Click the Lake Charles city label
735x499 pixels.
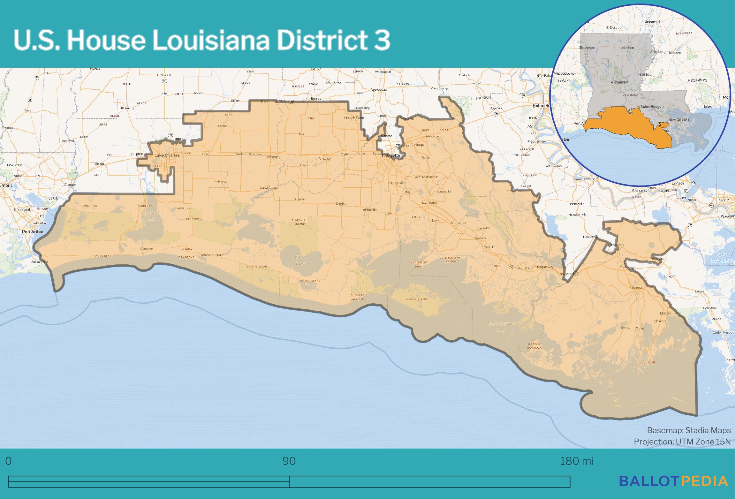[164, 155]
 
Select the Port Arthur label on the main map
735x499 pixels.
[33, 232]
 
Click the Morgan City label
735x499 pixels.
[544, 267]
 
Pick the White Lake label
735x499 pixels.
[301, 260]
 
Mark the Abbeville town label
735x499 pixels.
[370, 210]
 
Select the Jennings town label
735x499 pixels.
[272, 157]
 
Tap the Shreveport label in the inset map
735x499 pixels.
[588, 48]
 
